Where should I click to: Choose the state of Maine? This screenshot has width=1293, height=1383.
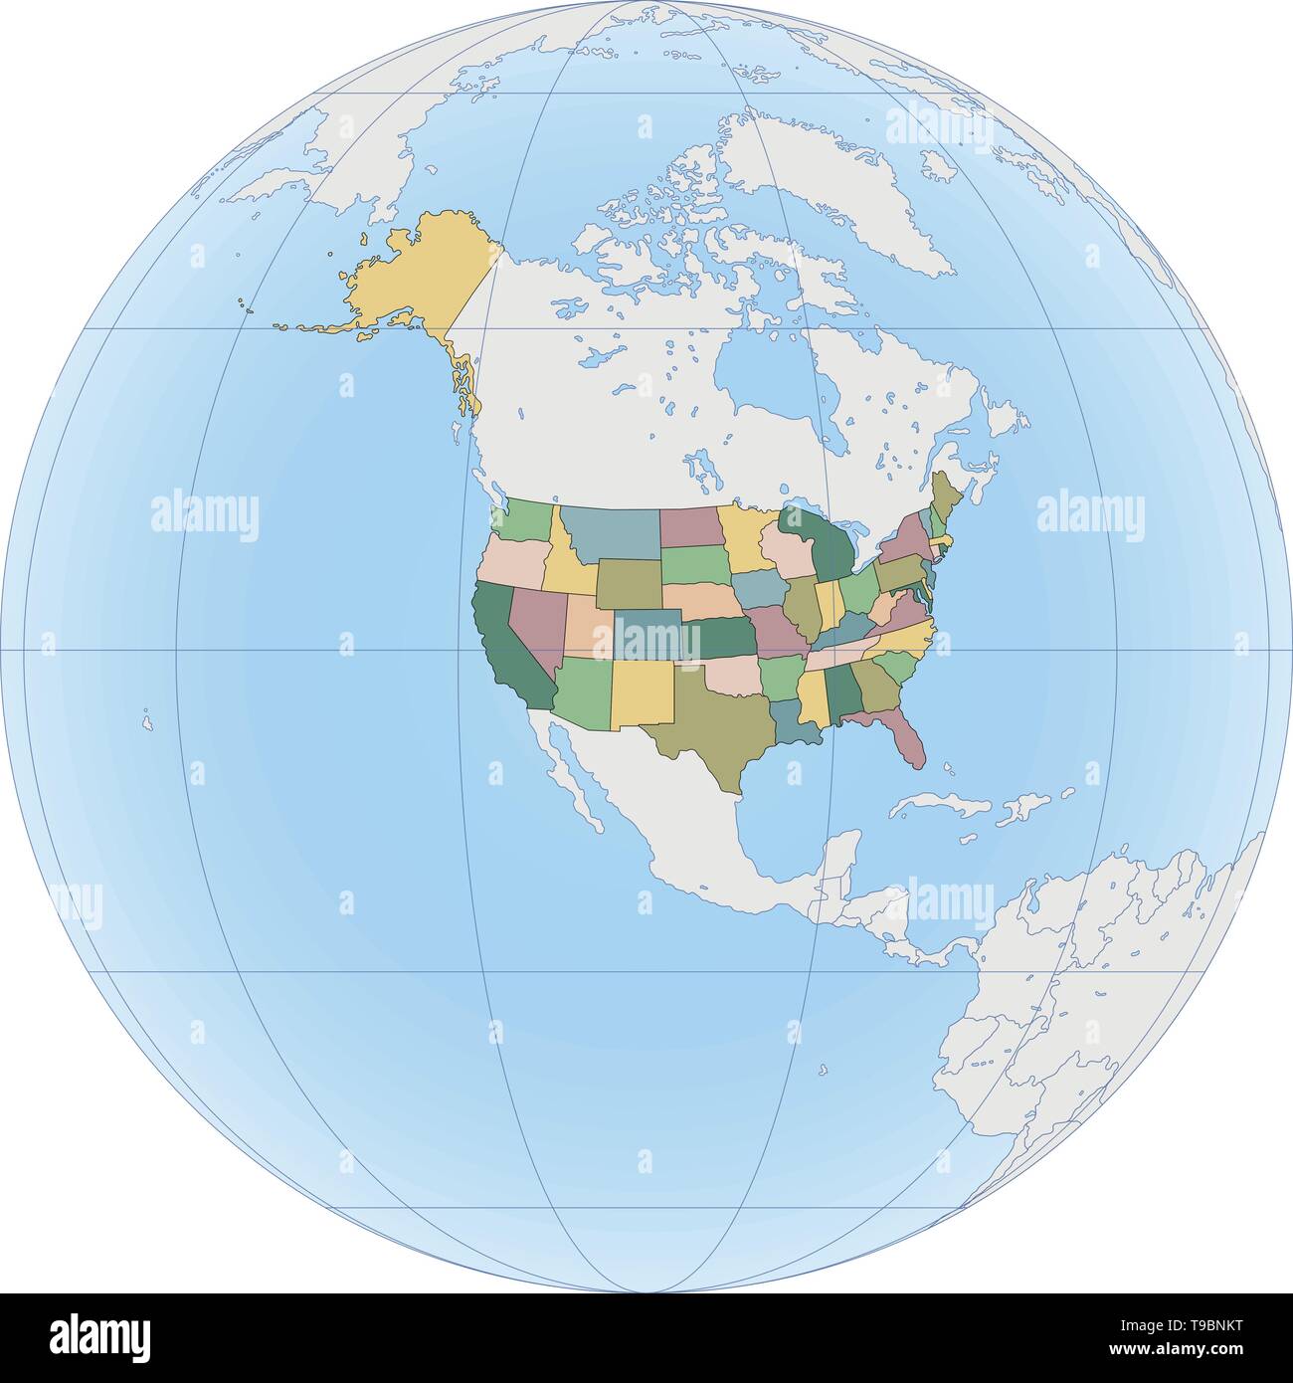click(945, 493)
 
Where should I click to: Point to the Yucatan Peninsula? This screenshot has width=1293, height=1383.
click(841, 856)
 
